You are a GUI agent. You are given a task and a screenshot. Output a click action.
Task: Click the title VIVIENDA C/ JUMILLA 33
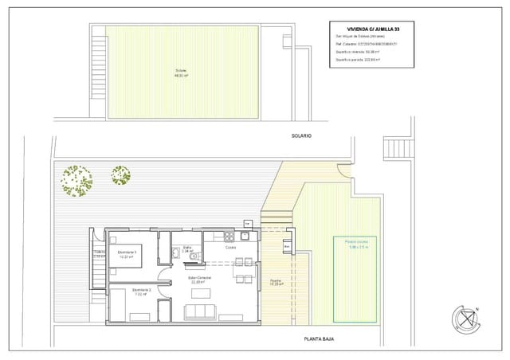[x=373, y=29]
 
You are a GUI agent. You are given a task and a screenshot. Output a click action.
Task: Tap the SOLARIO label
[x=301, y=136]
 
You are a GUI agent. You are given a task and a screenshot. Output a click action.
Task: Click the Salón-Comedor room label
[x=199, y=280]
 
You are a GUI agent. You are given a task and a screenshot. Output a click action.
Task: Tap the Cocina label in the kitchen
[x=230, y=248]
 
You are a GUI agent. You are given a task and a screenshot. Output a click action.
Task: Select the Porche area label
[x=275, y=282]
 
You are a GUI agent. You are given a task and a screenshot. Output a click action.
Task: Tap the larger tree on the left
[x=76, y=180]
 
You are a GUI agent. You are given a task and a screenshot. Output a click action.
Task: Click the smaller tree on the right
[x=121, y=176]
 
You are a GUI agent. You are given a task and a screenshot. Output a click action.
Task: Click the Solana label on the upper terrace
[x=181, y=73]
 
